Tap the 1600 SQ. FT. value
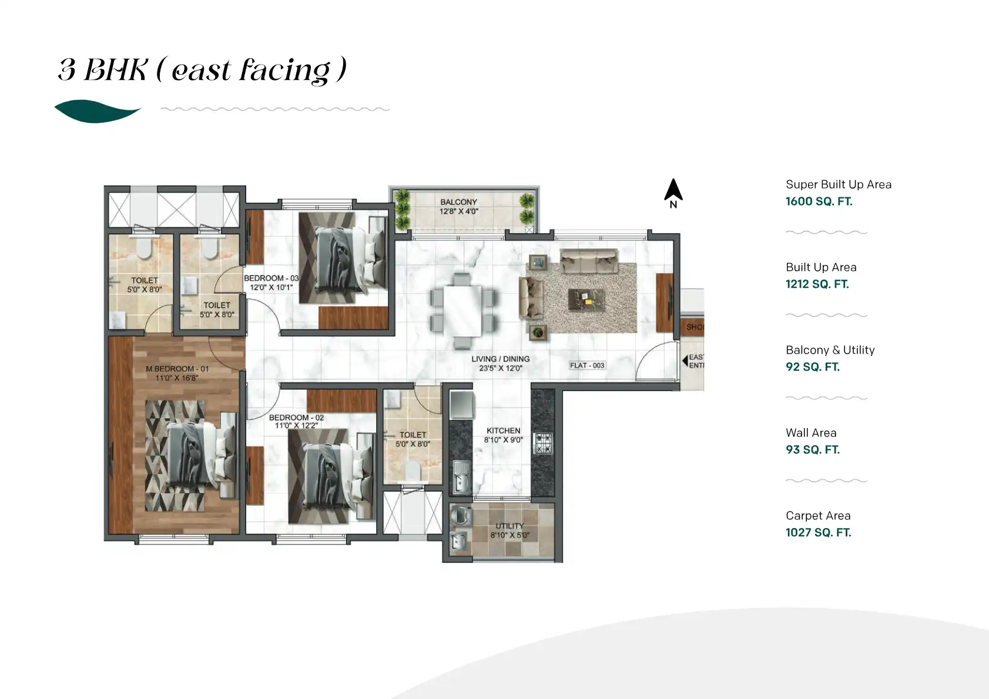819,201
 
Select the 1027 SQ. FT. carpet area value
818,533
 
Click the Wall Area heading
811,433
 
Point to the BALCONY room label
458,202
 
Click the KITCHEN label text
503,431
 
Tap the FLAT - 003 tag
586,365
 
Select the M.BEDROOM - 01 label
177,369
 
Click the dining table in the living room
462,310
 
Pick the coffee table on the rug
586,300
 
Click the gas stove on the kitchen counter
542,443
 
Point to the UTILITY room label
509,526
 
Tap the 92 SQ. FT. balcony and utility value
812,367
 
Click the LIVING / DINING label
500,359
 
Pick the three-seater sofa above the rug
588,261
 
